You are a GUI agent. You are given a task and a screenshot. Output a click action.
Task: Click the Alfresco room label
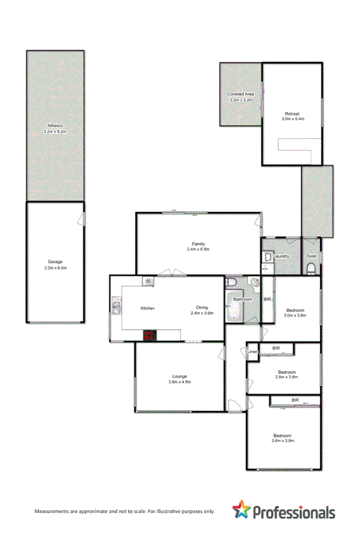pyautogui.click(x=55, y=126)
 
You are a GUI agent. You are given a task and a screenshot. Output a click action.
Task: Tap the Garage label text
pyautogui.click(x=55, y=263)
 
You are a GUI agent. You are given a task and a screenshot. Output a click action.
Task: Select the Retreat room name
pyautogui.click(x=292, y=113)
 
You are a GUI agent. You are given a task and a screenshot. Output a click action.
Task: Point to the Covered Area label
pyautogui.click(x=240, y=93)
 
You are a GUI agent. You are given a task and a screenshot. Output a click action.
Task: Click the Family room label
pyautogui.click(x=198, y=244)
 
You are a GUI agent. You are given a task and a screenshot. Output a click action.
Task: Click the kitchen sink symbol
pyautogui.click(x=116, y=308)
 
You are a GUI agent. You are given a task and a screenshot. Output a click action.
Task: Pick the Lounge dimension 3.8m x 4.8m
pyautogui.click(x=180, y=382)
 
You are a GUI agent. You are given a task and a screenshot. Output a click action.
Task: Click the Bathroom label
pyautogui.click(x=242, y=299)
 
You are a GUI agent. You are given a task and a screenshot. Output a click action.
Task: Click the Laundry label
pyautogui.click(x=282, y=256)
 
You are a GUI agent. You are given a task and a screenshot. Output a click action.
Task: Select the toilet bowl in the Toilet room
pyautogui.click(x=311, y=269)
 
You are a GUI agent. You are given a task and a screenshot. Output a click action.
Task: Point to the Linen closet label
pyautogui.click(x=253, y=352)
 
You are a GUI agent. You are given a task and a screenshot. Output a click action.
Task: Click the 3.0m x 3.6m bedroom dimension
pyautogui.click(x=294, y=315)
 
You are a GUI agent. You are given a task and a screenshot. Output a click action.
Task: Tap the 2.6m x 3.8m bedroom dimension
pyautogui.click(x=286, y=377)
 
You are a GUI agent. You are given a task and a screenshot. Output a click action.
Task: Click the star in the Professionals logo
pyautogui.click(x=241, y=510)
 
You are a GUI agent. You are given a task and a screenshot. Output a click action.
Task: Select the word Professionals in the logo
pyautogui.click(x=294, y=512)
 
